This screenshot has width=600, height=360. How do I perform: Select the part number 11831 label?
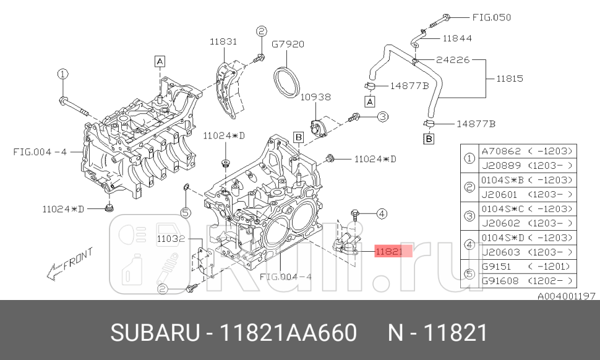pos(223,42)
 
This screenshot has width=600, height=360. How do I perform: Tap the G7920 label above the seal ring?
pos(288,45)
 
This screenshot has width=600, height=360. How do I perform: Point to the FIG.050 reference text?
pos(492,17)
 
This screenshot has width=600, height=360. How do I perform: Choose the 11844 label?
pos(457,38)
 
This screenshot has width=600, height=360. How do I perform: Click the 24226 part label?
pos(453,60)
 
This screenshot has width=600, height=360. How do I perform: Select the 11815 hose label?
pos(510,79)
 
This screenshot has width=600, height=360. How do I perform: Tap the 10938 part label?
pos(315,97)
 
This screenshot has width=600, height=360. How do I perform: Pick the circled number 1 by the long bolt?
pos(62,74)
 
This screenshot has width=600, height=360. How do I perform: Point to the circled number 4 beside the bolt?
pos(381,214)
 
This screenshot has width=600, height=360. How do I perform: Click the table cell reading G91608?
pos(500,280)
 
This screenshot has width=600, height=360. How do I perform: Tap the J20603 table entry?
pos(500,252)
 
